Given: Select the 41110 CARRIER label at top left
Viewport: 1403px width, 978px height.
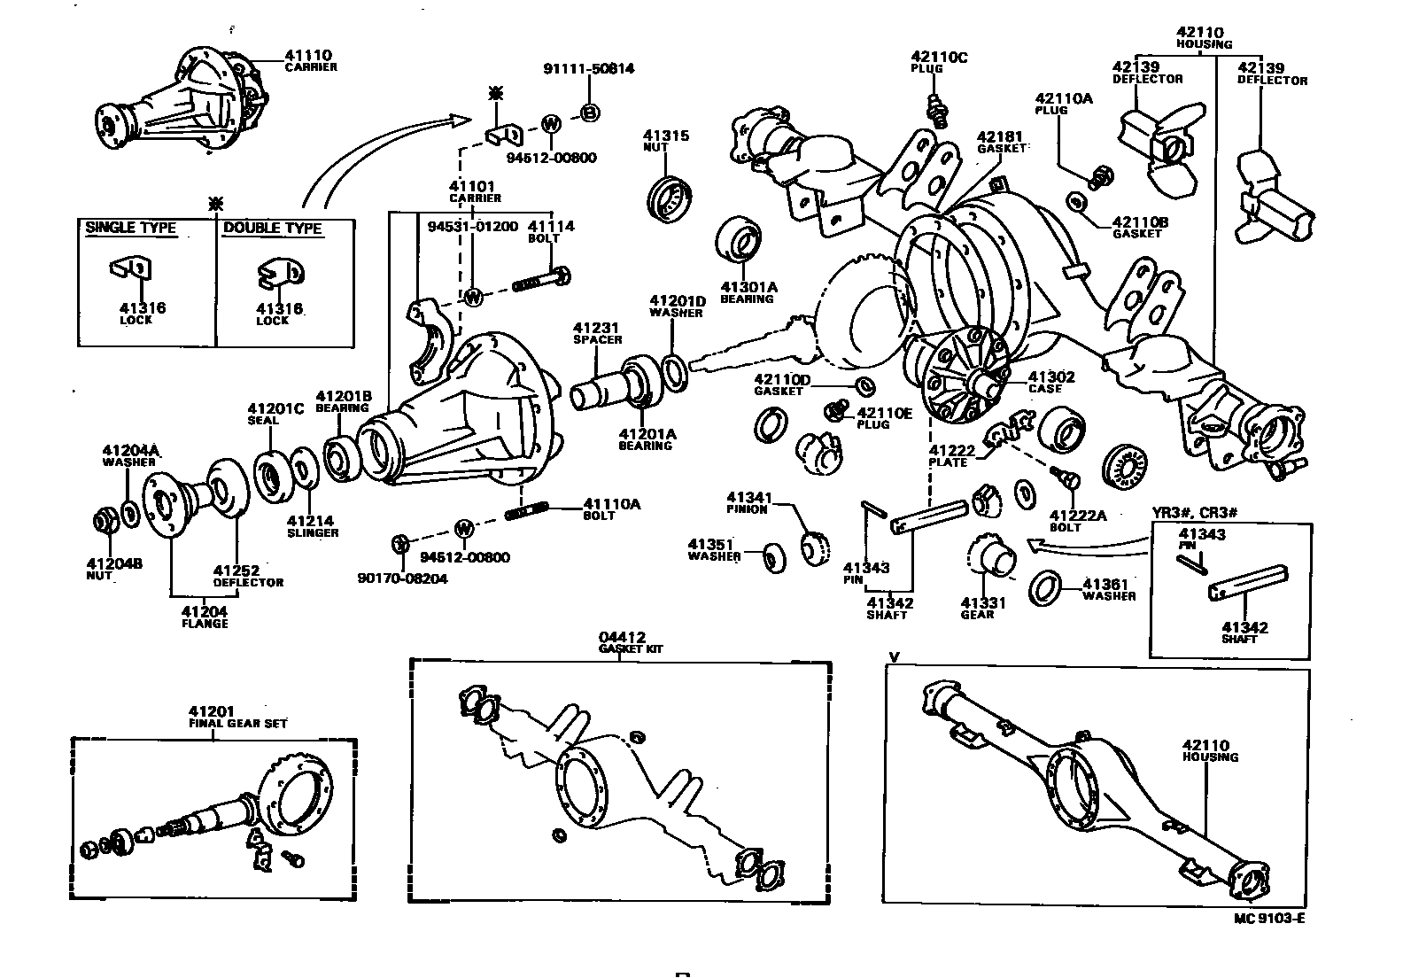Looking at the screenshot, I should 309,59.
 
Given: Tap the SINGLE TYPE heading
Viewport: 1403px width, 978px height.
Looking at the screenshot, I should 130,229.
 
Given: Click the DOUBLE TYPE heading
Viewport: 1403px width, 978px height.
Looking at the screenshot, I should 272,229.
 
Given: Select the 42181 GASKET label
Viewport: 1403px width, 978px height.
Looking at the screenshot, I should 1001,142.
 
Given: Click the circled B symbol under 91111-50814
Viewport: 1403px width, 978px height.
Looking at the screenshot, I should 590,113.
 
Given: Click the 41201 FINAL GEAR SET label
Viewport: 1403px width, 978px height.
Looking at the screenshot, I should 236,717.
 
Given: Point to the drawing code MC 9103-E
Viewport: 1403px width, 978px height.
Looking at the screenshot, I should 1268,918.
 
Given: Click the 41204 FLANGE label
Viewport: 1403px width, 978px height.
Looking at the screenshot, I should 205,617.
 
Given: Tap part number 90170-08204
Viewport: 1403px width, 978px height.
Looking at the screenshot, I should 402,578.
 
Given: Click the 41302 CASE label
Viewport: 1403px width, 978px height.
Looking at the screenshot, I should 1051,382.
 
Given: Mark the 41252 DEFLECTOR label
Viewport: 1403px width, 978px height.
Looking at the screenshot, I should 247,576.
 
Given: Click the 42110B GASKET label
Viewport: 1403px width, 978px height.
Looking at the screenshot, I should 1139,227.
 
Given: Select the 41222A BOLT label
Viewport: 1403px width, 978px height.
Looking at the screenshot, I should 1077,521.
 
